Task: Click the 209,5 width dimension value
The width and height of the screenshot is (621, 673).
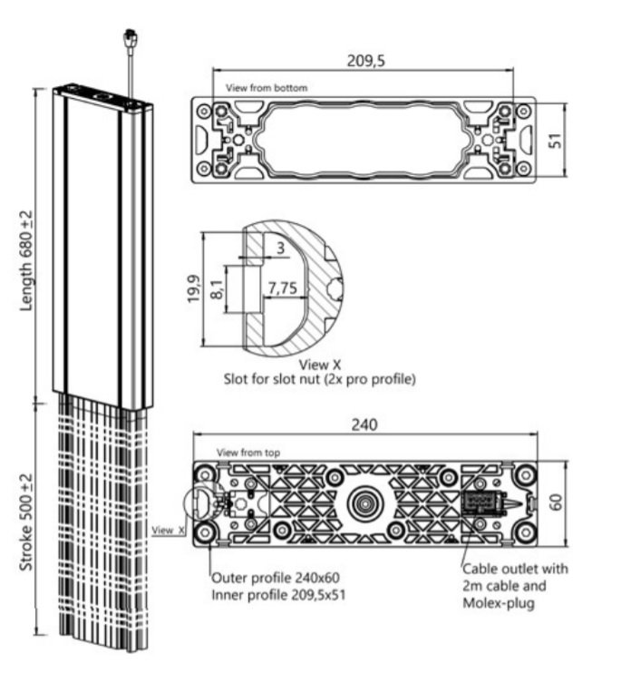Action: point(365,63)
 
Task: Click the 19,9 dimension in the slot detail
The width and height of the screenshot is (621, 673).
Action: point(192,289)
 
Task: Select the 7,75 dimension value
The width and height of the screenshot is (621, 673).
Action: point(284,288)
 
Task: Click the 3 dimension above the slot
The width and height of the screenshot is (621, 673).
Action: point(281,248)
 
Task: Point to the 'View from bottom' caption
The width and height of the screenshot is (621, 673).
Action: point(267,88)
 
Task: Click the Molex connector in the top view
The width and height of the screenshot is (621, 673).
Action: point(480,502)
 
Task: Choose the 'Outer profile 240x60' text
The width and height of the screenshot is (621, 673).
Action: point(276,577)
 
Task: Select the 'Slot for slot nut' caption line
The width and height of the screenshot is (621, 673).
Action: point(320,380)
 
